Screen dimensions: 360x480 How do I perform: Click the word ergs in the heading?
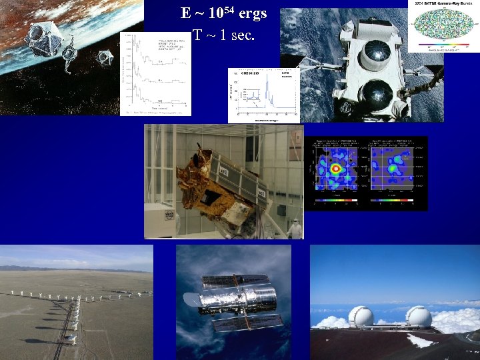[253, 13]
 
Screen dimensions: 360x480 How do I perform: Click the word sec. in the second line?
[242, 35]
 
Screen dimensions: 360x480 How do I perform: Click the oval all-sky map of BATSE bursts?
[442, 27]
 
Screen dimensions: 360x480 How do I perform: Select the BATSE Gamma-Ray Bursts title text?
[443, 4]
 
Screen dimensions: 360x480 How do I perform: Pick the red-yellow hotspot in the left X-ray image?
[335, 169]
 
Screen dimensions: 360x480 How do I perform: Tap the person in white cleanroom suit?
[293, 228]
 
